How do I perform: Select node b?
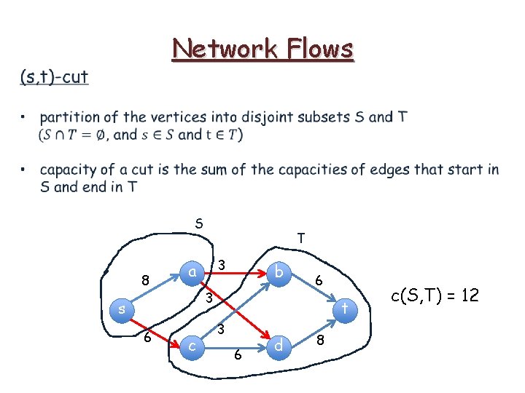click(x=278, y=271)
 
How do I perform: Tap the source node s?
click(x=123, y=309)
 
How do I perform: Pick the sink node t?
click(x=346, y=309)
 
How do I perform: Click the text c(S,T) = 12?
click(x=435, y=295)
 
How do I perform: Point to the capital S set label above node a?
click(x=198, y=223)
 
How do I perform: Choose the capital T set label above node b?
click(x=300, y=237)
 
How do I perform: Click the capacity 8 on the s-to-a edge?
click(x=146, y=279)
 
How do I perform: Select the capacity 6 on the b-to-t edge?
click(x=318, y=279)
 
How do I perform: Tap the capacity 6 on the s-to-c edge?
click(x=147, y=338)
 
